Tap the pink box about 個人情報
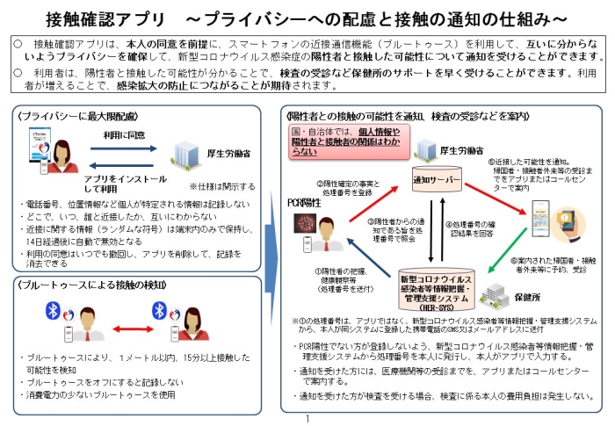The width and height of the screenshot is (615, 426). (x=344, y=140)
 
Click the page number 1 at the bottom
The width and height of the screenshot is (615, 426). (x=307, y=420)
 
